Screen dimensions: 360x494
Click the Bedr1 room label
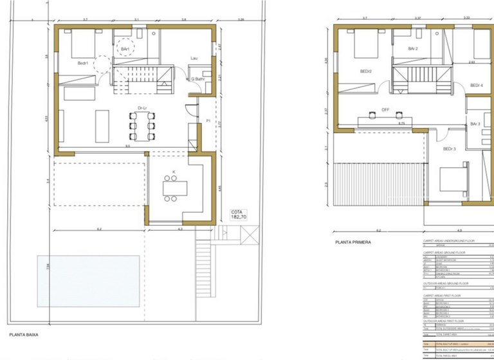(84, 63)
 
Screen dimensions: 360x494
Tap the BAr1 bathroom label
(125, 49)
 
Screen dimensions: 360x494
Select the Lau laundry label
(194, 59)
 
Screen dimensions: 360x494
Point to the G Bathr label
(197, 80)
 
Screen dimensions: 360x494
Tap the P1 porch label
(208, 121)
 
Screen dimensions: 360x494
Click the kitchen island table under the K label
(175, 188)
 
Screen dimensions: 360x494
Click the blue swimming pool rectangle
(88, 281)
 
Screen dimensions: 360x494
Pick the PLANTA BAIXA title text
(26, 334)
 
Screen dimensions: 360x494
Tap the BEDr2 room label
(366, 71)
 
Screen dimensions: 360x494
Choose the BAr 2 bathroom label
(413, 49)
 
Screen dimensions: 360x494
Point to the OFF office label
(386, 109)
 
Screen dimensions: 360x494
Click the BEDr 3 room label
(449, 149)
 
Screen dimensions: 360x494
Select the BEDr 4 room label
(476, 85)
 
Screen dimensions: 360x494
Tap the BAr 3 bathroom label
(475, 123)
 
